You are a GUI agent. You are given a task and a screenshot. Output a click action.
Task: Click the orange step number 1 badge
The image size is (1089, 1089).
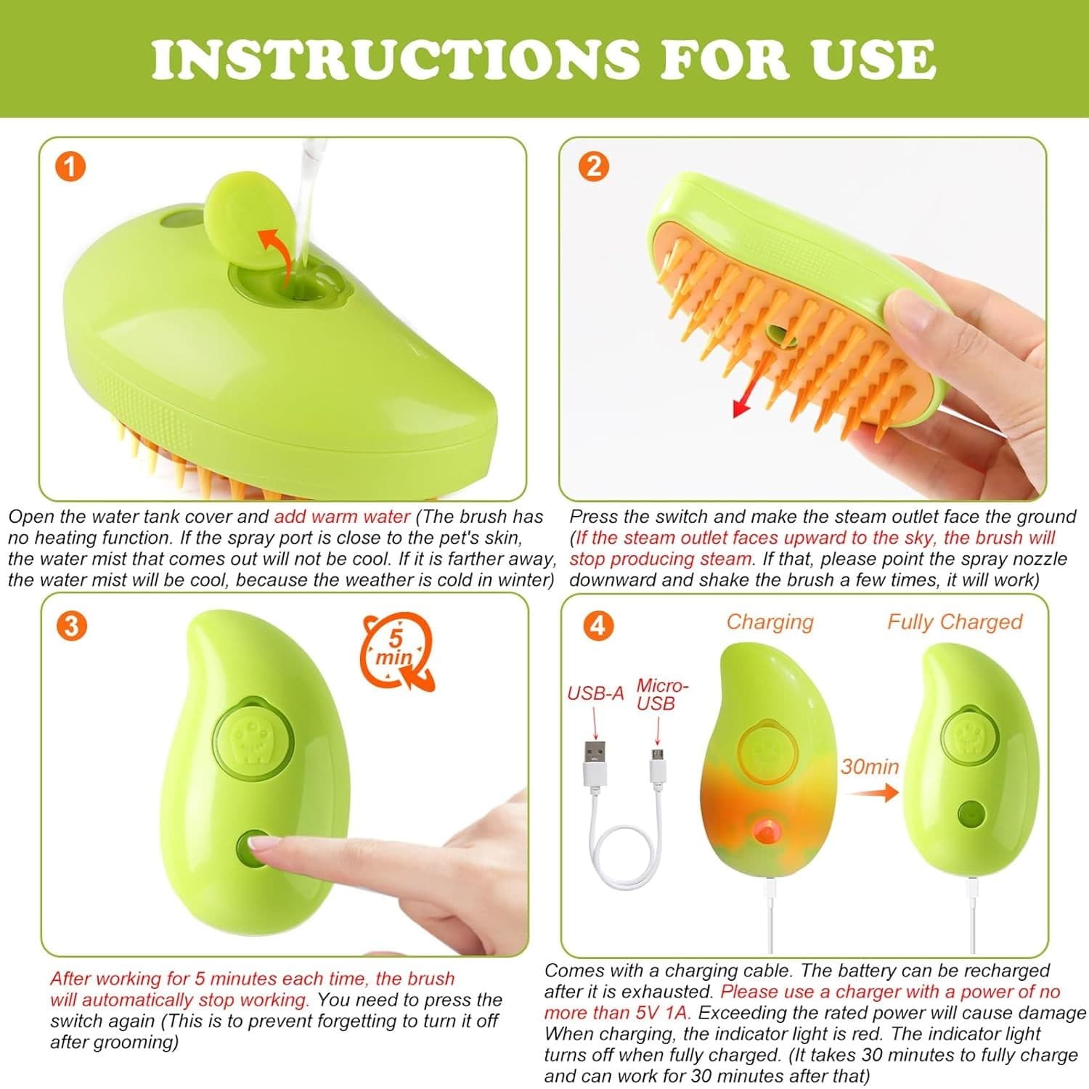(70, 167)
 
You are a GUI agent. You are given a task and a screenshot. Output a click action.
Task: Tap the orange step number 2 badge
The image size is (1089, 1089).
(593, 167)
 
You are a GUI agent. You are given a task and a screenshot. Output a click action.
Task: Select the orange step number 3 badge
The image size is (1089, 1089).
(71, 626)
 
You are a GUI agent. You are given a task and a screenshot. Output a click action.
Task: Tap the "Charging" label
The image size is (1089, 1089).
(770, 622)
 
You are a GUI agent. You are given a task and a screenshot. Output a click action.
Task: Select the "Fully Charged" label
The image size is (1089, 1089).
(955, 622)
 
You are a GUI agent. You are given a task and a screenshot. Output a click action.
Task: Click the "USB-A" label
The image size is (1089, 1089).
(595, 693)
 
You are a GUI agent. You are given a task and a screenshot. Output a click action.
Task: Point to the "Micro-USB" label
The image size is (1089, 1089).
(661, 695)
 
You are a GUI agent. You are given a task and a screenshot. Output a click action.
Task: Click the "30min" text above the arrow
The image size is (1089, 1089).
(870, 767)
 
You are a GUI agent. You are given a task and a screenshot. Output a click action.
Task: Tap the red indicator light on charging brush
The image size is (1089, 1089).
(764, 831)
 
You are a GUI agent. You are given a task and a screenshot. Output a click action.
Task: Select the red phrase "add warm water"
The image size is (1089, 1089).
(342, 517)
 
